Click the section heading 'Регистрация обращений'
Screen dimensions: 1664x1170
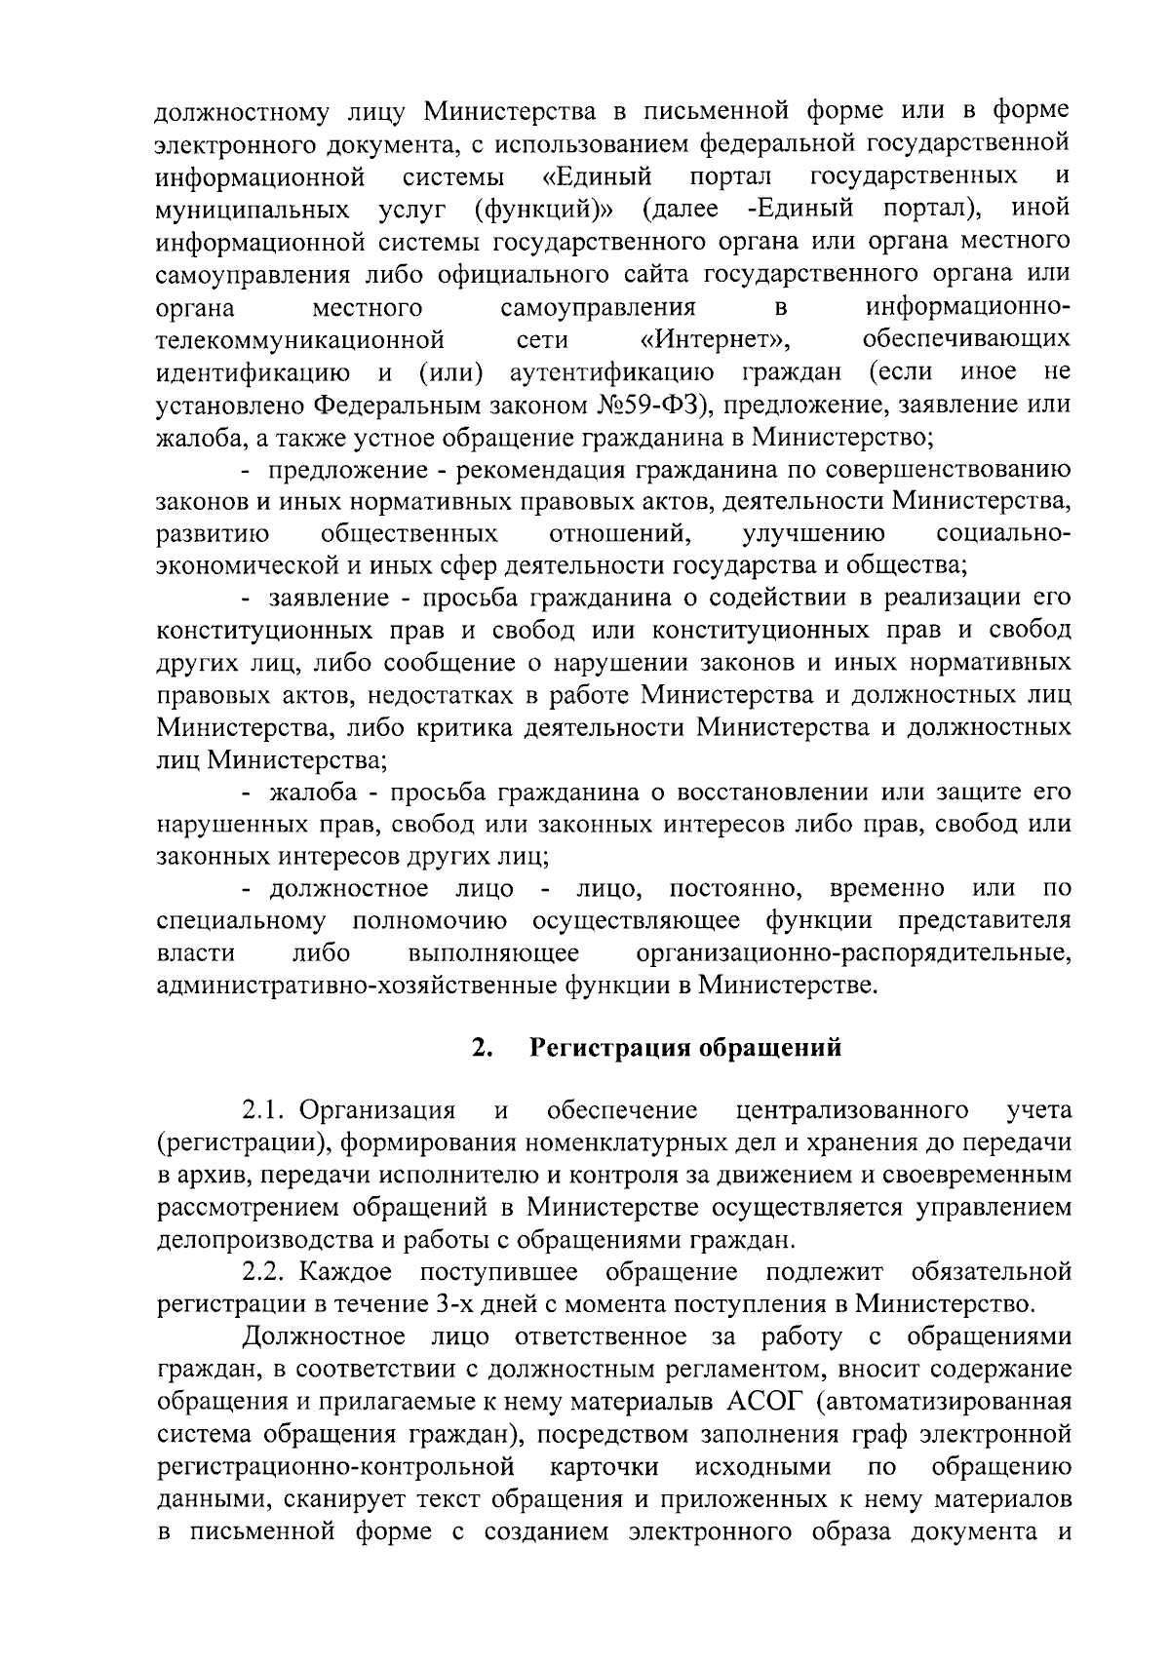tap(684, 1049)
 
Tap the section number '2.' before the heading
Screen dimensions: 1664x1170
tap(479, 1049)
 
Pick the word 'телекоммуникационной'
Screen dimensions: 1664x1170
tap(300, 340)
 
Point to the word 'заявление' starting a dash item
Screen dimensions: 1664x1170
tap(328, 598)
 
